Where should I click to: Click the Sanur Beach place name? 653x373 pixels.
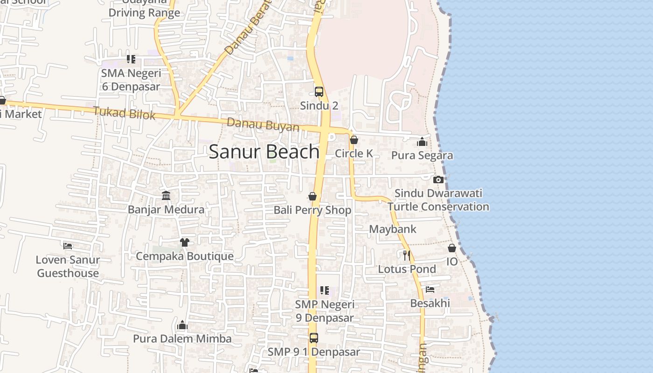coord(264,152)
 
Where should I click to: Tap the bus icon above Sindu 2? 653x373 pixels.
coord(319,92)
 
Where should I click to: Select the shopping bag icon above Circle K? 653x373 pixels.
coord(354,140)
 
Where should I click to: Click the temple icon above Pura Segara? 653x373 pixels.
coord(422,142)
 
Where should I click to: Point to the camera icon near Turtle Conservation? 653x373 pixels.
coord(438,180)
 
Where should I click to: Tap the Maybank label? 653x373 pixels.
coord(392,229)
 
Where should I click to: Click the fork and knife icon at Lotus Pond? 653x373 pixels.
coord(407,255)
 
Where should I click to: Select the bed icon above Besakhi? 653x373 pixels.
coord(430,290)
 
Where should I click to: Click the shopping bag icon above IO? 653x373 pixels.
coord(452,248)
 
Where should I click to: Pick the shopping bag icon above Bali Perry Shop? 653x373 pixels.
coord(313,196)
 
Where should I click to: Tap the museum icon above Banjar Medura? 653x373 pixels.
coord(166,195)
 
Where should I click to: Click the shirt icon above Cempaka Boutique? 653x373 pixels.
coord(185,242)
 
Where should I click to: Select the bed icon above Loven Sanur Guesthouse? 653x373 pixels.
coord(68,246)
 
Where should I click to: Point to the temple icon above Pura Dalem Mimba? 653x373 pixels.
coord(182,325)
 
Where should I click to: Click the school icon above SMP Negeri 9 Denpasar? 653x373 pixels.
coord(325,290)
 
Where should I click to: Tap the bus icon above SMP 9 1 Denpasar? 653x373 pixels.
coord(314,338)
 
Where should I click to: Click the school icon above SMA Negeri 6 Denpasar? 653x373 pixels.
coord(131,59)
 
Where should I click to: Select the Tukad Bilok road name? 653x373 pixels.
coord(124,113)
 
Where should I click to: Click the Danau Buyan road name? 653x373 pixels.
coord(263,125)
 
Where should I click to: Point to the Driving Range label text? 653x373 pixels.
coord(144,13)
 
